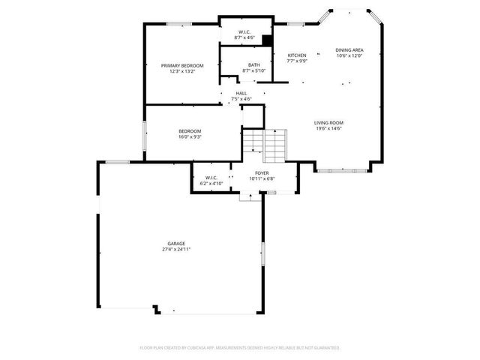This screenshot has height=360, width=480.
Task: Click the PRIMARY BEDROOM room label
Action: pyautogui.click(x=182, y=65)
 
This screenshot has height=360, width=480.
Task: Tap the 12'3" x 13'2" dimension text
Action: pyautogui.click(x=182, y=70)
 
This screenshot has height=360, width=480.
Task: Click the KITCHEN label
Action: pyautogui.click(x=297, y=55)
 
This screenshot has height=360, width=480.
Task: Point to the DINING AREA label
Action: pyautogui.click(x=349, y=50)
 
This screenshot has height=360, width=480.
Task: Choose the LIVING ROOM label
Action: pyautogui.click(x=328, y=122)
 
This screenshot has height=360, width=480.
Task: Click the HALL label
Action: pyautogui.click(x=241, y=93)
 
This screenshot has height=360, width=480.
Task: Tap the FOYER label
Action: pyautogui.click(x=262, y=173)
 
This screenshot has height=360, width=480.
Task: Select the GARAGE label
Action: pyautogui.click(x=176, y=244)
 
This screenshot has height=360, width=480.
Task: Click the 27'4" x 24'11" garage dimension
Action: pyautogui.click(x=176, y=249)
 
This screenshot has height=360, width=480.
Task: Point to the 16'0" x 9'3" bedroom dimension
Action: pyautogui.click(x=189, y=136)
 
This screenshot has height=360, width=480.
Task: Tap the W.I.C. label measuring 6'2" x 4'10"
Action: pyautogui.click(x=212, y=178)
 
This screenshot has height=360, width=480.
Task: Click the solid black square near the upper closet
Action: pyautogui.click(x=266, y=41)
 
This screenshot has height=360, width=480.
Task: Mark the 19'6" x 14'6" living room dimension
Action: pyautogui.click(x=328, y=127)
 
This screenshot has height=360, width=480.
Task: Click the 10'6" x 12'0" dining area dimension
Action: pyautogui.click(x=349, y=55)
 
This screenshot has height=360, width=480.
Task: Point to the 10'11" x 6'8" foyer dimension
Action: pyautogui.click(x=262, y=178)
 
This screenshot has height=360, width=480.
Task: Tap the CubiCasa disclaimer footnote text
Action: pyautogui.click(x=240, y=348)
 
